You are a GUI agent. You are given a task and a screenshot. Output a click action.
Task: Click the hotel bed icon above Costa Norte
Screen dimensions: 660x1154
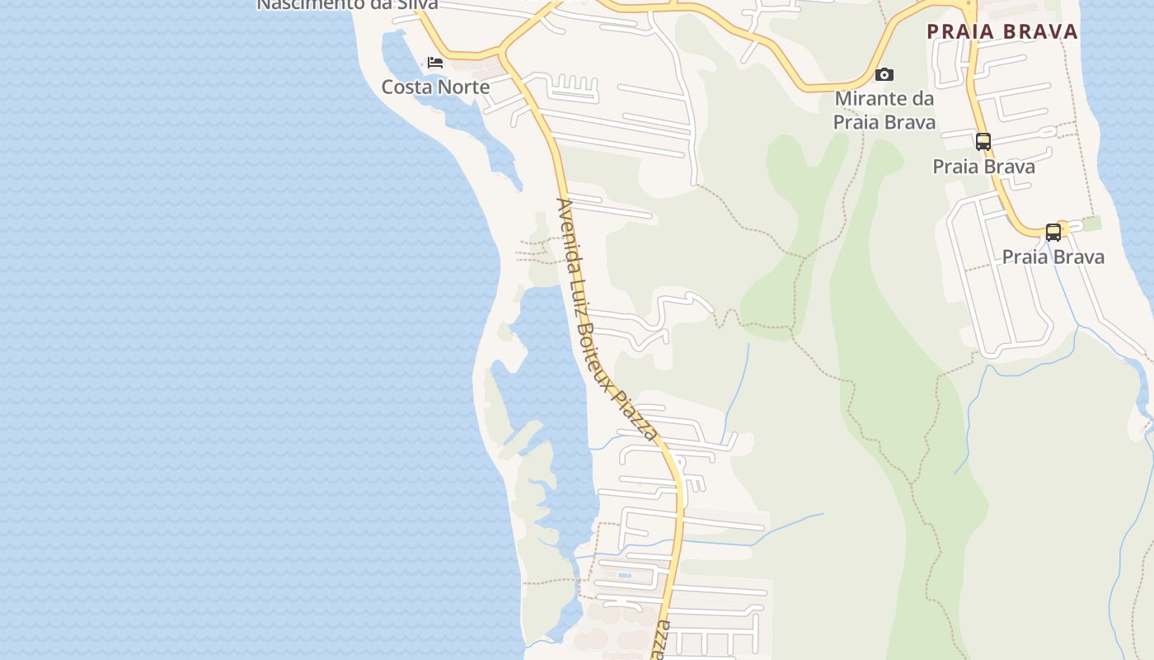[435, 63]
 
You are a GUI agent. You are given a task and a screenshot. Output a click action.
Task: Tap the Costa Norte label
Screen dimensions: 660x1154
[435, 87]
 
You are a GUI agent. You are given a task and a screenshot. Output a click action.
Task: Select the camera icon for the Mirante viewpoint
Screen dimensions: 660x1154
[884, 75]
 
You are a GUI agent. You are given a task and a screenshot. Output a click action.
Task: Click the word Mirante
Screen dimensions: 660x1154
[870, 99]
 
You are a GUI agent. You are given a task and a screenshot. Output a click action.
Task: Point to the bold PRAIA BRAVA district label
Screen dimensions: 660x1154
[1002, 32]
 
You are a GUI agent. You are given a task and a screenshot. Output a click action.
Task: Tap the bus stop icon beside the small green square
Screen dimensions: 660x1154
[1053, 233]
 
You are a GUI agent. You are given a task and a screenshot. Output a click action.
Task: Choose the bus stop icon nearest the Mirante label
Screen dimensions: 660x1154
[983, 142]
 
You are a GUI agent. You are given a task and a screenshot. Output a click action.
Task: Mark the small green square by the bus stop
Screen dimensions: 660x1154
[1091, 224]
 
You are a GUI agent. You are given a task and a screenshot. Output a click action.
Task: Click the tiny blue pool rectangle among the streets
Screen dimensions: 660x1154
[624, 575]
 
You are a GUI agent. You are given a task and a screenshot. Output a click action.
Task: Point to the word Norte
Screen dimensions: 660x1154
[465, 87]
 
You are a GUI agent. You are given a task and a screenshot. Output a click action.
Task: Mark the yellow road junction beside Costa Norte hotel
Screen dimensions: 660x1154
[501, 54]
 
